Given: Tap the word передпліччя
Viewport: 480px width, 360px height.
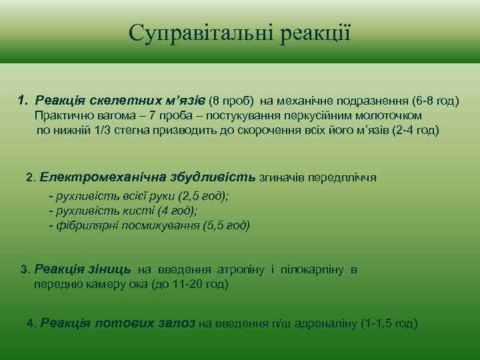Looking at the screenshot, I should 343,178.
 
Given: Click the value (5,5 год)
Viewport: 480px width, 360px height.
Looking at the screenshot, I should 225,225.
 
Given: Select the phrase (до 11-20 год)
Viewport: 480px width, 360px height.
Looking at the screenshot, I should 190,284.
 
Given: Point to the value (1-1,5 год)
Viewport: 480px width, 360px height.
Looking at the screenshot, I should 389,323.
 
